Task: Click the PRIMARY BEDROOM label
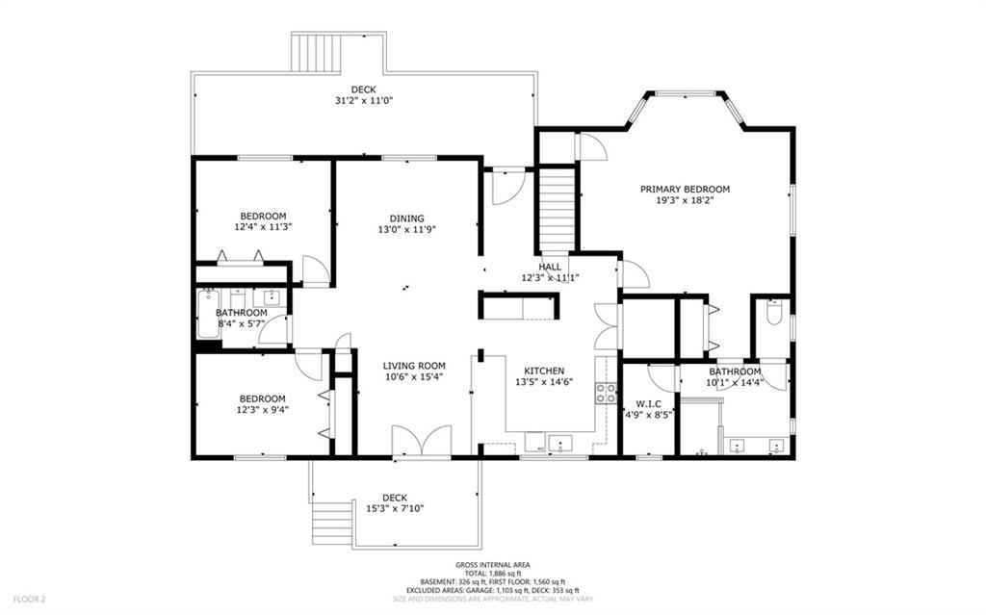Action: click(x=685, y=190)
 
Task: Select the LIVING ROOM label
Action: click(x=414, y=366)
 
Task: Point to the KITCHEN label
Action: click(x=544, y=371)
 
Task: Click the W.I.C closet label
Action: click(x=648, y=404)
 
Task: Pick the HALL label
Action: click(x=550, y=267)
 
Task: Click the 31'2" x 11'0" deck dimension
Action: click(x=364, y=101)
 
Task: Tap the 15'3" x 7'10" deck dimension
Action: click(x=395, y=508)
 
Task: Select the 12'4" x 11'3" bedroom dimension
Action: click(x=264, y=227)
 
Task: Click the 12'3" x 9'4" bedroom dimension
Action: click(x=262, y=409)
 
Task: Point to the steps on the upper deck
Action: click(x=316, y=53)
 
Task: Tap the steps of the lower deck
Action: click(x=331, y=523)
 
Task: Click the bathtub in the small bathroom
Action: click(x=208, y=314)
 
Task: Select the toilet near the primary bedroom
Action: click(x=774, y=311)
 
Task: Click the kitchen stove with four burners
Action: click(x=607, y=393)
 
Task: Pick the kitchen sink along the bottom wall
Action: click(x=559, y=444)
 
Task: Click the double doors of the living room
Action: click(x=422, y=442)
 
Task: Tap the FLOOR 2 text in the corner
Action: click(x=30, y=600)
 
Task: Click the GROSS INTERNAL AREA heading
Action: click(x=493, y=565)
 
